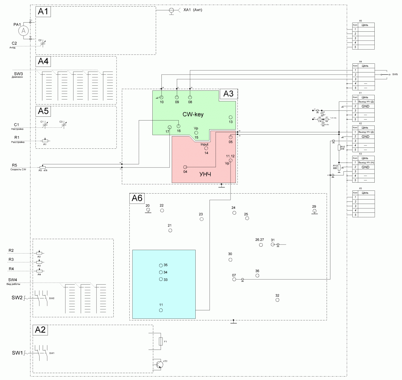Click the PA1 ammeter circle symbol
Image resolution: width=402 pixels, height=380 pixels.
[x=24, y=31]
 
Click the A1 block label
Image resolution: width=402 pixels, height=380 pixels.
[x=43, y=12]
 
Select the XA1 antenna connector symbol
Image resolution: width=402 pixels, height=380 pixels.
[x=171, y=10]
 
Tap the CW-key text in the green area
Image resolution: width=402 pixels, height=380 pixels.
[x=193, y=115]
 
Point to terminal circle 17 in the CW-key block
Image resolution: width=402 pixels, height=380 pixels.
[x=170, y=127]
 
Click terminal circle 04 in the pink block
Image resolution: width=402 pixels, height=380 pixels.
[x=185, y=167]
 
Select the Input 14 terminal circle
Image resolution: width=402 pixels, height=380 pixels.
[x=206, y=148]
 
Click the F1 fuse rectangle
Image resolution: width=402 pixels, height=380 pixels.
[x=161, y=341]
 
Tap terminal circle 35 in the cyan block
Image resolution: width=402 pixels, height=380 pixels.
[x=161, y=265]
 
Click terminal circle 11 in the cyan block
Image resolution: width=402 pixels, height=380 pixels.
[x=161, y=310]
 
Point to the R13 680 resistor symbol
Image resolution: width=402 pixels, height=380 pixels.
[x=339, y=167]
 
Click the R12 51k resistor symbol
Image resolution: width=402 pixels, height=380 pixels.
[x=339, y=148]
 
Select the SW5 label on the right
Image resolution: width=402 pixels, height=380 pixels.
[x=395, y=75]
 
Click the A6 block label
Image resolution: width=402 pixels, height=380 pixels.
[x=137, y=198]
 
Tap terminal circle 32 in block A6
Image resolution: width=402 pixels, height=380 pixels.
[x=277, y=300]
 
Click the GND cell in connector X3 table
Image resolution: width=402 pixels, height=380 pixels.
[x=365, y=167]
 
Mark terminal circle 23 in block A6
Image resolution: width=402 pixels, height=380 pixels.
[x=202, y=219]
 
